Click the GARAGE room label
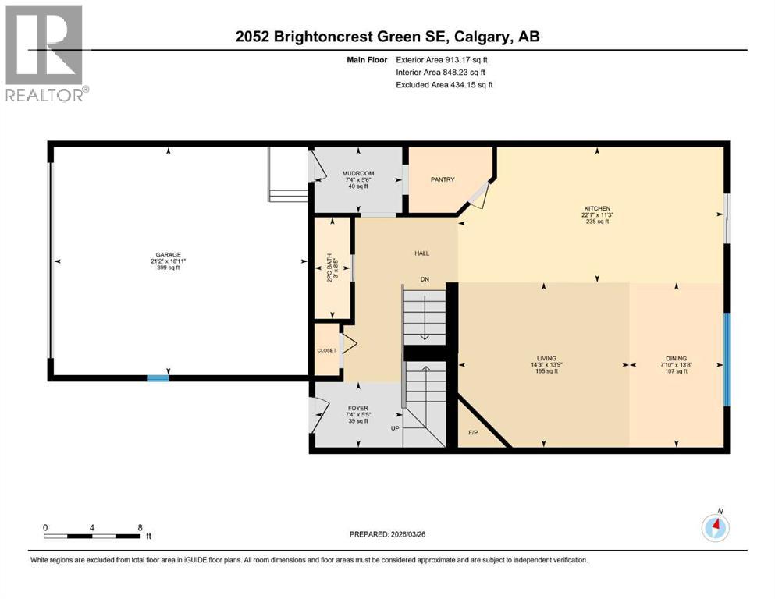tap(167, 254)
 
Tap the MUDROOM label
tap(358, 173)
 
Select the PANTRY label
tap(443, 179)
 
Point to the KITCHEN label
tap(597, 208)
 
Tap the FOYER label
tap(357, 408)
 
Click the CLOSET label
tap(326, 350)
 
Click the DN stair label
tap(425, 278)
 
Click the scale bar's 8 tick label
tap(139, 527)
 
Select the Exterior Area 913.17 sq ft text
tap(444, 59)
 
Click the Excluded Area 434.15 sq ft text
tap(444, 84)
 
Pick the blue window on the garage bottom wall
tap(158, 379)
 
